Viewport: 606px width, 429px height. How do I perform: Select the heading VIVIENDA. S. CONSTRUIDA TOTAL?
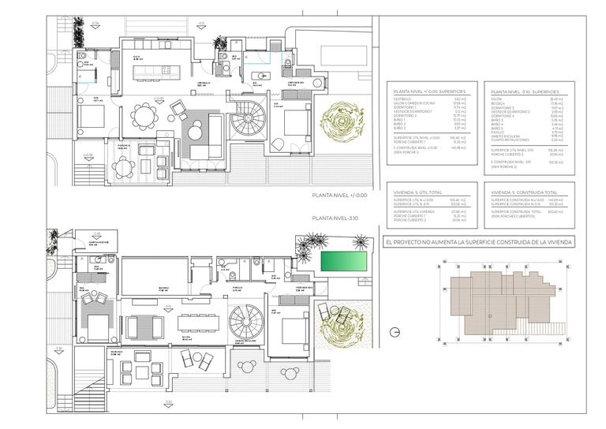coord(524,192)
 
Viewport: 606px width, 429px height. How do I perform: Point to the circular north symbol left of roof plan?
coord(395,330)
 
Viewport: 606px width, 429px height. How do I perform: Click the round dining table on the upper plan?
coord(144,117)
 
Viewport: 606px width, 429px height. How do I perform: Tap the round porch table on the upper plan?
coord(122,166)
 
